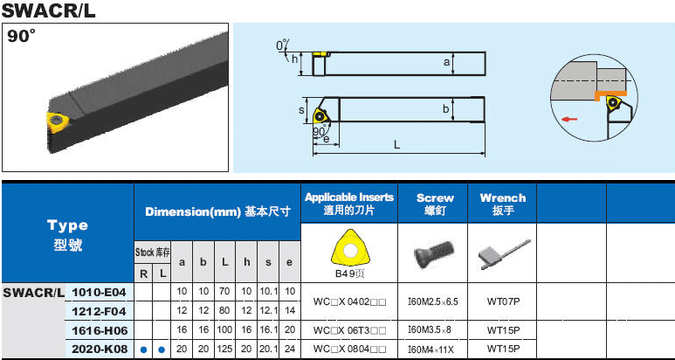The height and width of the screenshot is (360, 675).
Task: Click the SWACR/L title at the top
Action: (x=48, y=10)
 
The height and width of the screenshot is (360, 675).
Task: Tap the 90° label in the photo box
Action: (x=20, y=37)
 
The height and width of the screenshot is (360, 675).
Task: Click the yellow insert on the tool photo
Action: (x=57, y=122)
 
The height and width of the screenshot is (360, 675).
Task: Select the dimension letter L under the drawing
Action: (x=397, y=145)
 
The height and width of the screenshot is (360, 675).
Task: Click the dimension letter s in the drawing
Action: (x=301, y=111)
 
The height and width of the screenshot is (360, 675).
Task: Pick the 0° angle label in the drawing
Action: (x=282, y=45)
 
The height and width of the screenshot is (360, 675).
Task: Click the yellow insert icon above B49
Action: (x=350, y=250)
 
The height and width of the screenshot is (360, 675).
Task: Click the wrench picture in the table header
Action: (x=504, y=254)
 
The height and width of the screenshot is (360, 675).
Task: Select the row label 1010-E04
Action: (x=99, y=293)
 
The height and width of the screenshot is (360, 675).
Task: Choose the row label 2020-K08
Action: (x=99, y=349)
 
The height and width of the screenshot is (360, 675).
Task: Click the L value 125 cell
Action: (x=224, y=349)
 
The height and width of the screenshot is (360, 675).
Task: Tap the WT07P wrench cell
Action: (x=503, y=301)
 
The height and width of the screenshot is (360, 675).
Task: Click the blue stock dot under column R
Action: (x=144, y=350)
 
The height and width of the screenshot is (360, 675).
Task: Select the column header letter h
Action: (x=246, y=262)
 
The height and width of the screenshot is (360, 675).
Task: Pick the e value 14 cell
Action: (x=290, y=310)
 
